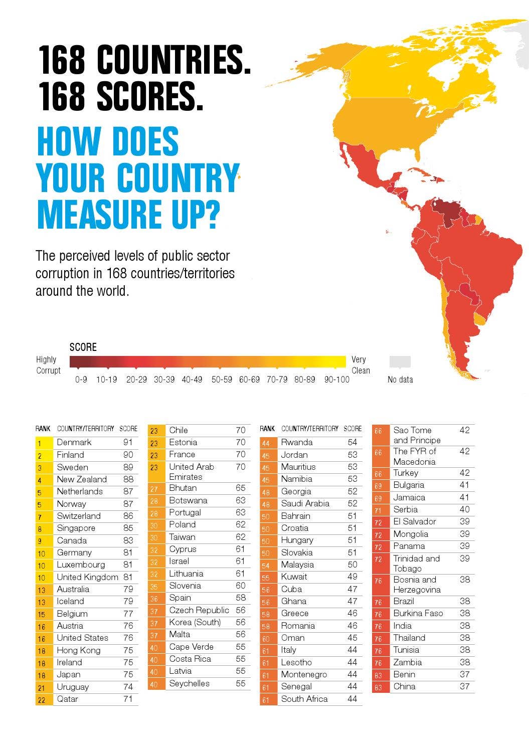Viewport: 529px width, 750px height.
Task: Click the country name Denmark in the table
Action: pos(74,442)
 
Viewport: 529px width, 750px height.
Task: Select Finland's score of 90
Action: pos(128,455)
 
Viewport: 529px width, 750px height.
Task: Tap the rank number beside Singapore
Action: pos(40,529)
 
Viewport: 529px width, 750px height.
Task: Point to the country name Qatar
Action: pos(67,699)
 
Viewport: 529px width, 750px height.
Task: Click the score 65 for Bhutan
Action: pos(241,488)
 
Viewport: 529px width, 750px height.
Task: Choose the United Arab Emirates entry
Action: pos(192,471)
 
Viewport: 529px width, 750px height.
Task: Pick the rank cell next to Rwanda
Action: pos(266,443)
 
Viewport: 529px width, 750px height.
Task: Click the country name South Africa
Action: pos(304,699)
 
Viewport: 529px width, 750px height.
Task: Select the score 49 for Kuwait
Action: pos(352,577)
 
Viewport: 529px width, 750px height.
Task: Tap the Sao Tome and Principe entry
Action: pos(417,435)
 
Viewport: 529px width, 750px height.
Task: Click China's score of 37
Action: pos(465,686)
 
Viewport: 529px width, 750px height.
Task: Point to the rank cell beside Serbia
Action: pos(379,510)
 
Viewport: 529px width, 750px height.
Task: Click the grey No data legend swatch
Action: pos(400,361)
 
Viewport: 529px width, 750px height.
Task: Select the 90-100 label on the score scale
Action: pos(336,380)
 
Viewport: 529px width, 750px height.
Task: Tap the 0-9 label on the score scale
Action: pos(81,380)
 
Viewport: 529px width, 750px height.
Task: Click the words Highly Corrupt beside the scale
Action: pos(48,365)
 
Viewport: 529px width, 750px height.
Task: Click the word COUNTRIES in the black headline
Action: pos(173,60)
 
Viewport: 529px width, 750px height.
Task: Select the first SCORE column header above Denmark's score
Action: pos(128,429)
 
